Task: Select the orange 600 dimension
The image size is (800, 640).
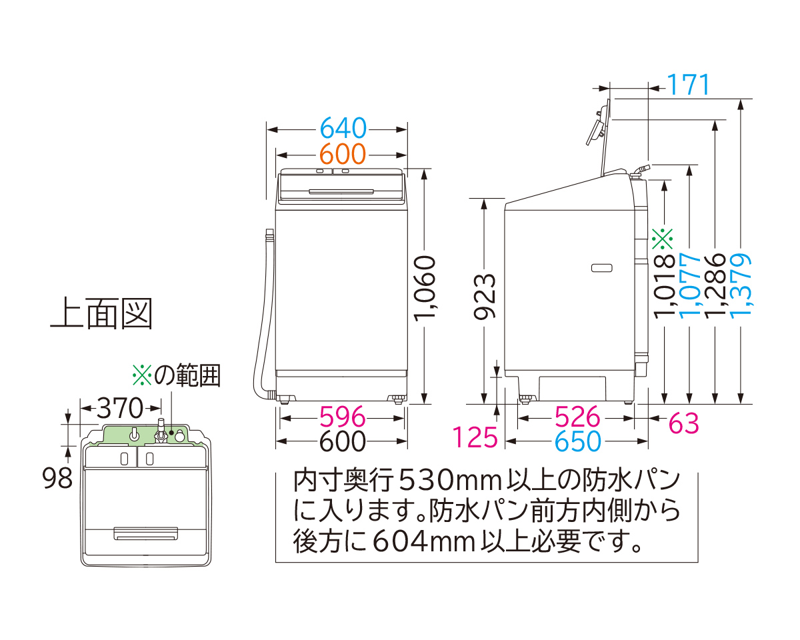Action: pos(343,155)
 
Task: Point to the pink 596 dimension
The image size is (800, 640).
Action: pos(343,418)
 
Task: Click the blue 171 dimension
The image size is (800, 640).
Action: pos(688,86)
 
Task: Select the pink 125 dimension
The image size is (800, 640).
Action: pos(476,438)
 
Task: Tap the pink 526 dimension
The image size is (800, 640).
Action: pos(577,418)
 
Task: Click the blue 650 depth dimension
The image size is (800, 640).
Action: pos(577,441)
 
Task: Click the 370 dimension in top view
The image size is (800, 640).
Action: pos(121,406)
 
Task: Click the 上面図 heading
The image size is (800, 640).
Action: pos(101,313)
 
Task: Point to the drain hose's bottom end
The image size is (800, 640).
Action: pos(269,393)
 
